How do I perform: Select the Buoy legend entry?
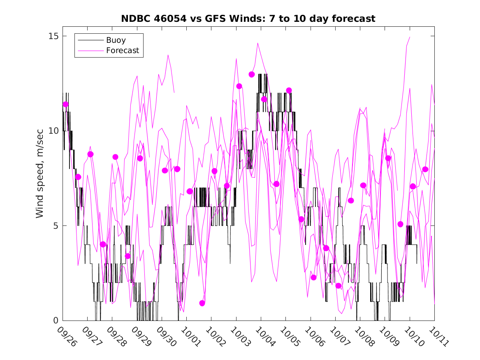point(116,40)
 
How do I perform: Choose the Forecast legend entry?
point(122,51)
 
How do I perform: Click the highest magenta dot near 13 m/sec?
point(252,74)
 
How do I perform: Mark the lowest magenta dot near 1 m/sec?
point(202,303)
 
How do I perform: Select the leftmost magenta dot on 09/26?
point(65,105)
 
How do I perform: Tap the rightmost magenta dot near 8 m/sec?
point(425,169)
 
